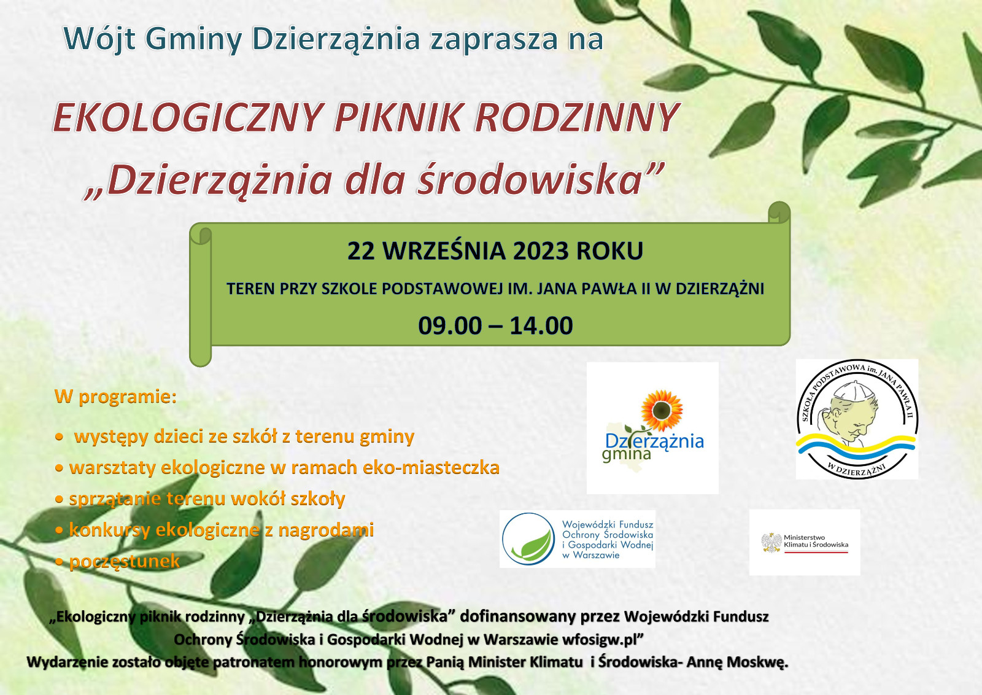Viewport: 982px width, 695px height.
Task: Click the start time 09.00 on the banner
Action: (450, 326)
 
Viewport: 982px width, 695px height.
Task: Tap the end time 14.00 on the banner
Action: (541, 326)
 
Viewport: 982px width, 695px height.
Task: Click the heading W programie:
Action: (115, 397)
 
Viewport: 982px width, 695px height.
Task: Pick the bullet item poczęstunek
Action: (125, 561)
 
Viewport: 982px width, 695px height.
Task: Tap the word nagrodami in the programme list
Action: (326, 530)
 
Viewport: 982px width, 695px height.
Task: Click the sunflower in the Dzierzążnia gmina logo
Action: (662, 410)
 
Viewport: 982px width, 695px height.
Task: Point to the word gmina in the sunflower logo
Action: (626, 455)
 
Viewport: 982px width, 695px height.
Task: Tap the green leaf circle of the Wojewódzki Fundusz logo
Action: (528, 539)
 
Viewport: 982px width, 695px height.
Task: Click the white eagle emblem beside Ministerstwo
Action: (771, 543)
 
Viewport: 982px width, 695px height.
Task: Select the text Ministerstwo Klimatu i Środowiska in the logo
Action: (816, 541)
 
